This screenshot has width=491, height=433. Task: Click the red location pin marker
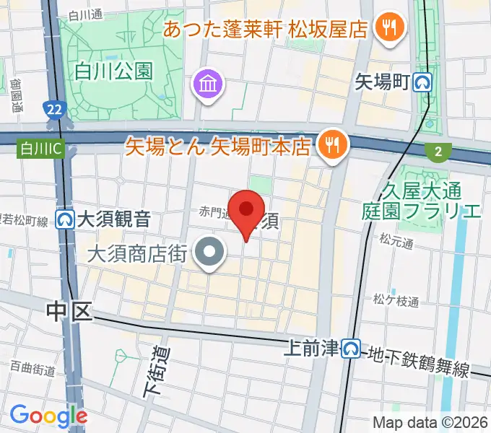coord(247,210)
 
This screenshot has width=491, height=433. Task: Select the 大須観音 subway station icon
coord(66,218)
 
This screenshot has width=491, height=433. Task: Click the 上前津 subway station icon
coord(352,349)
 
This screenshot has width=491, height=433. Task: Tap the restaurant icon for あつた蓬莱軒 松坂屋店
coord(391,29)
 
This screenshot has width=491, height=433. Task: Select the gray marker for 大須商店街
coord(210,253)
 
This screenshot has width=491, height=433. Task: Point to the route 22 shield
coord(52,109)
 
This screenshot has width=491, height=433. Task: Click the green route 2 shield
coord(438,151)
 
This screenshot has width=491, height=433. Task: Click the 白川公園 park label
coord(113,71)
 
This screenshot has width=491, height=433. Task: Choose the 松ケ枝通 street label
coord(396,301)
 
